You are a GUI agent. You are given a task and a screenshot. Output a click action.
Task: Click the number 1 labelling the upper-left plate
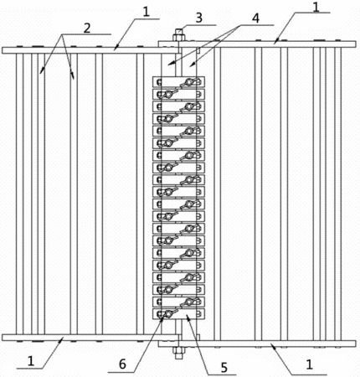coord(147,12)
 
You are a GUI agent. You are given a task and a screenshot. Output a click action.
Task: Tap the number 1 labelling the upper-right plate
coord(316,6)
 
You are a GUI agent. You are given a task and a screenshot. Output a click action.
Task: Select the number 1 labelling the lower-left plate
coord(31,361)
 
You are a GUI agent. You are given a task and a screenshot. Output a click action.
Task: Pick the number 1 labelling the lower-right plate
coord(309,364)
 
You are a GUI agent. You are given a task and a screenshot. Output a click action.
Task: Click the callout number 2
coord(87,28)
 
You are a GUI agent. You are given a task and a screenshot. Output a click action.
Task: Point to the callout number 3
coord(198,18)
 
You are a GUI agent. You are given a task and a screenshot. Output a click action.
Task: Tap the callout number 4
coord(255,18)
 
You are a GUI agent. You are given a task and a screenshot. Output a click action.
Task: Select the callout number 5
coord(224,368)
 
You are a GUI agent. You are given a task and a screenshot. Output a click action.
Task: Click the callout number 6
coord(122,364)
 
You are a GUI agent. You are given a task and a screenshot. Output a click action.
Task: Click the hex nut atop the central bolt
coord(177,38)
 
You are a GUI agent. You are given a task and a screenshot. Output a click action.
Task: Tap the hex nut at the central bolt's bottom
coord(177,350)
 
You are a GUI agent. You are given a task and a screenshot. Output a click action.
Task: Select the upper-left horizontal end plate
coord(90,50)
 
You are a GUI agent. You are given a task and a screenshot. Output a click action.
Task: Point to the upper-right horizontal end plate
coord(257,44)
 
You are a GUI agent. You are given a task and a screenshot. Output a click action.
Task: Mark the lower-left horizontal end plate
coord(90,338)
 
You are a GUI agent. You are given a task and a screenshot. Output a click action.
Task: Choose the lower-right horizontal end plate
coord(257,343)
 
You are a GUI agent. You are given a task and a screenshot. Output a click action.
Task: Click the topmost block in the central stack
coord(178,82)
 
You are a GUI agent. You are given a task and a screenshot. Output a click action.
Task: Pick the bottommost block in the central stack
coord(178,313)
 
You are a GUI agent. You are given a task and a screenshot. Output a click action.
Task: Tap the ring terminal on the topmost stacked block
coord(189,82)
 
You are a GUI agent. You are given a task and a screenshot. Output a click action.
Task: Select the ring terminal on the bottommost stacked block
coord(168,314)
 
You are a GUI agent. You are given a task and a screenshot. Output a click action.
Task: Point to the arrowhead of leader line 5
coord(188,317)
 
